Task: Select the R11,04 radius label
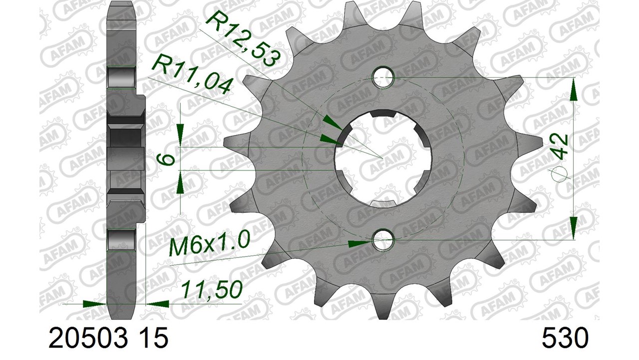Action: click(192, 76)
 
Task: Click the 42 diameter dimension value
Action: click(559, 146)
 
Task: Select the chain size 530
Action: click(565, 337)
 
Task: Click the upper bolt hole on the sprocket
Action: click(383, 77)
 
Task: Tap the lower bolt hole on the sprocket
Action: click(383, 239)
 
